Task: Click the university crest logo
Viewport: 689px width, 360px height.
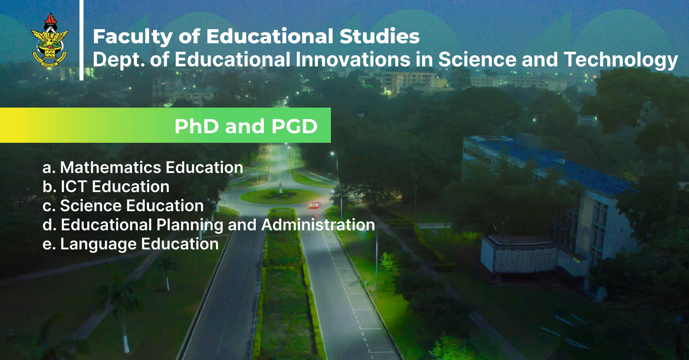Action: (50, 41)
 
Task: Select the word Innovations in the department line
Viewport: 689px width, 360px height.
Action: (353, 59)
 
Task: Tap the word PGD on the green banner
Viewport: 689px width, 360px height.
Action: (294, 126)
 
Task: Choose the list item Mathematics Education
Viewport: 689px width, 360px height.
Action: (143, 167)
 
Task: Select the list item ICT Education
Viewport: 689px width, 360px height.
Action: (106, 187)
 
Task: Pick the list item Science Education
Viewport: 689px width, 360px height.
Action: (123, 206)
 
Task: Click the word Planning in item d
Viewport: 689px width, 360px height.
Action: (190, 225)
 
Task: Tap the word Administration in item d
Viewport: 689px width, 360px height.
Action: (318, 225)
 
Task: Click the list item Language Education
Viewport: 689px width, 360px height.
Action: (131, 244)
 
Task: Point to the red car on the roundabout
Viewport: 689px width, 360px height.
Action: (315, 205)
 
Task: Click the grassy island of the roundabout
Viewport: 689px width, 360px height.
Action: (281, 197)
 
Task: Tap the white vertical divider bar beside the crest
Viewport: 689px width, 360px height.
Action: (81, 40)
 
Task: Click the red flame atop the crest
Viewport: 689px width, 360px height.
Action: (50, 18)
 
